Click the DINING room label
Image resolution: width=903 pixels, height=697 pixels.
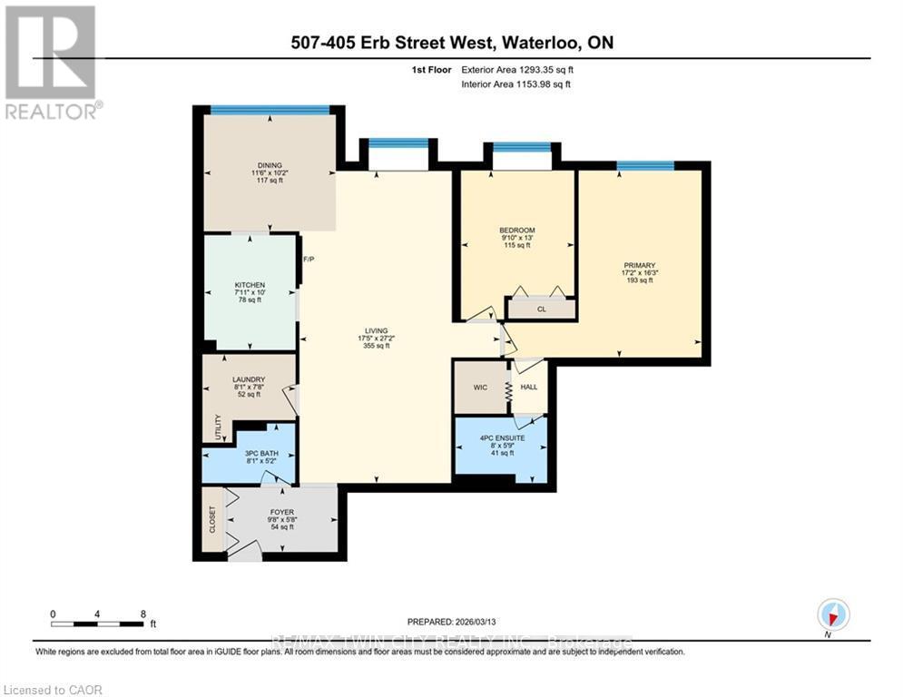(268, 164)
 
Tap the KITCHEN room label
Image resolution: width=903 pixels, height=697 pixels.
(250, 285)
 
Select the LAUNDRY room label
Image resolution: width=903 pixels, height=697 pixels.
(248, 379)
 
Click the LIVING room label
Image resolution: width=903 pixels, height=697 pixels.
(376, 330)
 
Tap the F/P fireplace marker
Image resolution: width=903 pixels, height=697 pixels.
(309, 260)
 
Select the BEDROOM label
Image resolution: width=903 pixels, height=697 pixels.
(517, 230)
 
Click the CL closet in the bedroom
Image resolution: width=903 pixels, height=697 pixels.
(540, 309)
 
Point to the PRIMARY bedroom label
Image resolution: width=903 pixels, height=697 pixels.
(638, 264)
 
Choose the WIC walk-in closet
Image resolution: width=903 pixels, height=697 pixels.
(480, 388)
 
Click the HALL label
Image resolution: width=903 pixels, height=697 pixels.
(528, 388)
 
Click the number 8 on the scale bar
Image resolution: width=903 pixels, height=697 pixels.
(142, 614)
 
